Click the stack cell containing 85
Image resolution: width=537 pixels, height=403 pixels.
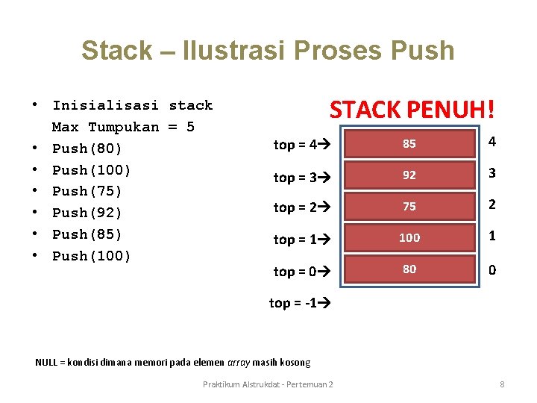pyautogui.click(x=409, y=144)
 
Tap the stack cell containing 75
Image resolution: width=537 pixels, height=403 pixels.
pyautogui.click(x=409, y=207)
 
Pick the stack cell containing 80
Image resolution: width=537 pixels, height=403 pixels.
pyautogui.click(x=409, y=269)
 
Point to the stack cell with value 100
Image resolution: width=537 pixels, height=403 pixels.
pyautogui.click(x=409, y=238)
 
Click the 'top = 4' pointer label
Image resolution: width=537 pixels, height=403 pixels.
pyautogui.click(x=296, y=145)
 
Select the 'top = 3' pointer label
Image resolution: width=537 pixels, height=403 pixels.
pyautogui.click(x=296, y=177)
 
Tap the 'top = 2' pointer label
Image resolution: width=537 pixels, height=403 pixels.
pyautogui.click(x=296, y=207)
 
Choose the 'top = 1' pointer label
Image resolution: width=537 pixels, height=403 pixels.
pyautogui.click(x=296, y=240)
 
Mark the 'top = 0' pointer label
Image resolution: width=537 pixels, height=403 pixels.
pyautogui.click(x=296, y=272)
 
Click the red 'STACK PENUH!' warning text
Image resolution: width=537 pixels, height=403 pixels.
pyautogui.click(x=412, y=110)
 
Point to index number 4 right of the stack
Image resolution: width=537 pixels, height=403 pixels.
pyautogui.click(x=492, y=142)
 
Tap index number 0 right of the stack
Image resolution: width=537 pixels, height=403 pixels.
pyautogui.click(x=492, y=270)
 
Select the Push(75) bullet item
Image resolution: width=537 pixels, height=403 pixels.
pyautogui.click(x=87, y=191)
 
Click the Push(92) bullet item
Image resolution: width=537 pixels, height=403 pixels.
pyautogui.click(x=87, y=213)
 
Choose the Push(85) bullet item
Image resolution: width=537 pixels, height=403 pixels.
pyautogui.click(x=87, y=234)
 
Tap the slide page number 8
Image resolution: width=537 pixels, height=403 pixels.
pyautogui.click(x=502, y=384)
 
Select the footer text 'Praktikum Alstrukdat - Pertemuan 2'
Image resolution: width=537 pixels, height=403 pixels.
pyautogui.click(x=268, y=384)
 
